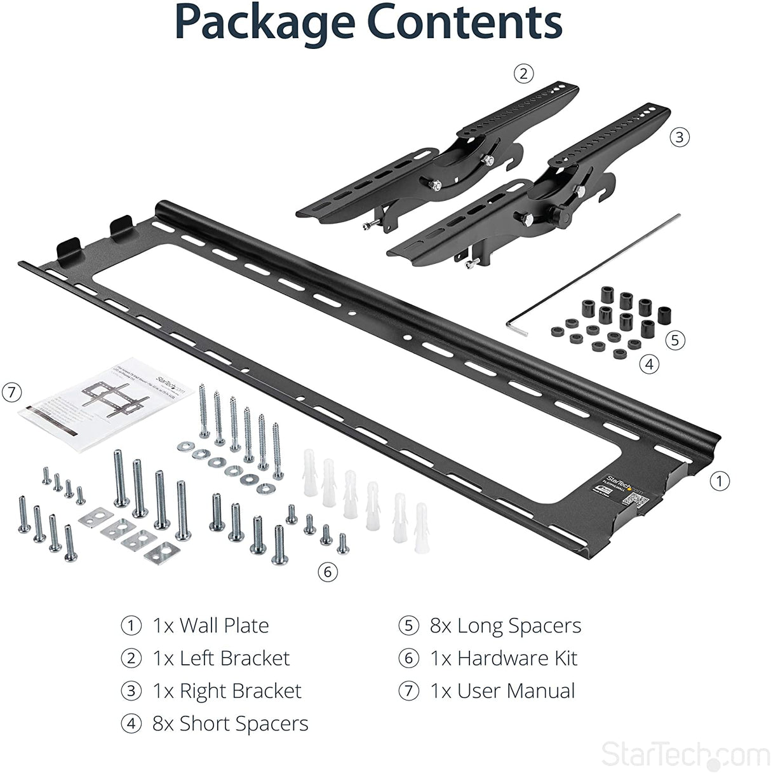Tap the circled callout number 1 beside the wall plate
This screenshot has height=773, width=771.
719,481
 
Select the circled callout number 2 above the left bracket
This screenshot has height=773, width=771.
523,74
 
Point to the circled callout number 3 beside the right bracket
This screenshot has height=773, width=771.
680,137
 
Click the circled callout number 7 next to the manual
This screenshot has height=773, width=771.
11,392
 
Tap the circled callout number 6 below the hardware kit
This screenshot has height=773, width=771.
327,572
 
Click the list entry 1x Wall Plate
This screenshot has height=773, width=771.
210,626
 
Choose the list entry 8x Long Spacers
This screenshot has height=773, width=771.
505,626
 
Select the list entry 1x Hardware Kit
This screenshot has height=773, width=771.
503,659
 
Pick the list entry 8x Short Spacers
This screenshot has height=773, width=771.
230,723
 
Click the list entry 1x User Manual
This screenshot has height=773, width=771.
502,691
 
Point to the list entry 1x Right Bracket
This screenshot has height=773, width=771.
227,691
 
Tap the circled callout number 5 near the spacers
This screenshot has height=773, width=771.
674,340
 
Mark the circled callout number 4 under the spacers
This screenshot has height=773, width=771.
649,364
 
